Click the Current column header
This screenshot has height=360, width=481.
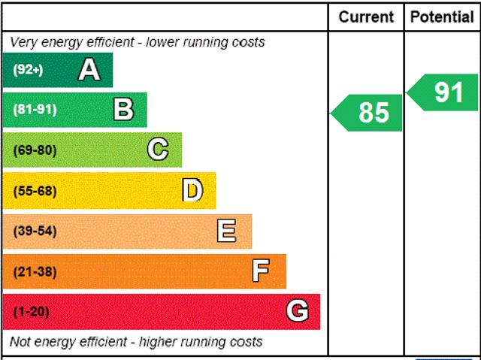[x=366, y=17]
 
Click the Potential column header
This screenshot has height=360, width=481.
[x=442, y=17]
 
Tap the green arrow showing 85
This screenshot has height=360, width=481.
[x=368, y=112]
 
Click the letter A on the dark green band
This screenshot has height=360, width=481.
[x=89, y=70]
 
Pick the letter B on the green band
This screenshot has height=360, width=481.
[x=123, y=110]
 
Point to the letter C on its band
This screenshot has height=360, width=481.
[x=158, y=150]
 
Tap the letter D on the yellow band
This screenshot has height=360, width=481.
[x=192, y=190]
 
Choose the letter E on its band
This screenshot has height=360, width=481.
[x=226, y=231]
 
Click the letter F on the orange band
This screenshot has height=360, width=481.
[x=261, y=271]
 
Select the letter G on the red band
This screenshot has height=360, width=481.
[x=298, y=310]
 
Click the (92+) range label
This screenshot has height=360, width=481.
[x=28, y=70]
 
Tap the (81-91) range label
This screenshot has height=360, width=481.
[x=35, y=110]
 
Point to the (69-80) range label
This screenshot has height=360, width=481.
[x=35, y=150]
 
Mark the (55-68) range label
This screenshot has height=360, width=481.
[x=35, y=190]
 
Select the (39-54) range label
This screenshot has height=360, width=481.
[x=35, y=231]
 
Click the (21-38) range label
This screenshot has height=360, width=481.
[x=35, y=271]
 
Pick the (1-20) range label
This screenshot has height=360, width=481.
[x=31, y=311]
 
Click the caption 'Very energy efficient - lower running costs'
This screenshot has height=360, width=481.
[x=138, y=42]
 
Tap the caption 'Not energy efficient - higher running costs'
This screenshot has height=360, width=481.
[x=136, y=342]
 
